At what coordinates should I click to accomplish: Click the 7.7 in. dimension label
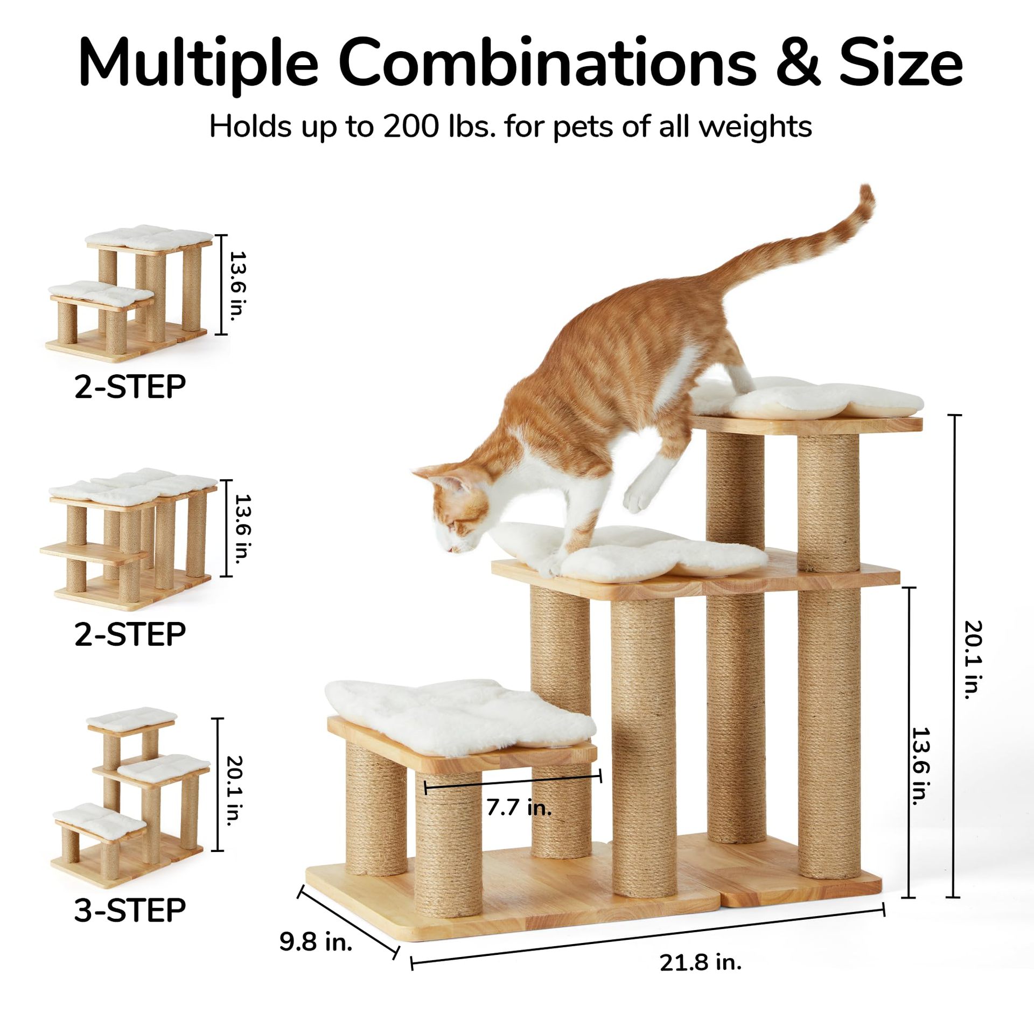click(x=519, y=807)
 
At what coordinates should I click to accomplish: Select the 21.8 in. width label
click(x=701, y=961)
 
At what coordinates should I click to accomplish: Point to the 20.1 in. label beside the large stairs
click(x=974, y=660)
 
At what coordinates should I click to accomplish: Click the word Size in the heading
click(x=901, y=60)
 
